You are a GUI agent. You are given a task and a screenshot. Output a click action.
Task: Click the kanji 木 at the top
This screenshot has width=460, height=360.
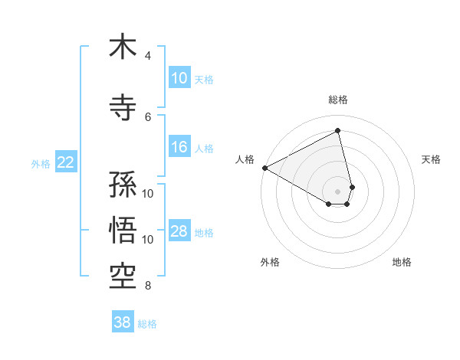(123, 47)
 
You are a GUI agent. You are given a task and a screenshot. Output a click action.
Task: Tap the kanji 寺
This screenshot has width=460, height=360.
(123, 107)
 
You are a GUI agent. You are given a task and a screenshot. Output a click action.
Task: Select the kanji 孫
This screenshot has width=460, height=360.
(123, 185)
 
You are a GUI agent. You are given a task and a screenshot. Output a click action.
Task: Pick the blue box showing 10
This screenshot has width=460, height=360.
(179, 78)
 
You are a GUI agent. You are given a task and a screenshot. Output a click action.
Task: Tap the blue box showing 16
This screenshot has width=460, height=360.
(179, 147)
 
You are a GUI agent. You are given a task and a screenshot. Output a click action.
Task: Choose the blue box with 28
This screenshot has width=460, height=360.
(179, 231)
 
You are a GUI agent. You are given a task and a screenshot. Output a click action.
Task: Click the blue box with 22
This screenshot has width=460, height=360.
(66, 162)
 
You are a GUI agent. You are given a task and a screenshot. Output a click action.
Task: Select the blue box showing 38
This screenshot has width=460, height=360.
(123, 322)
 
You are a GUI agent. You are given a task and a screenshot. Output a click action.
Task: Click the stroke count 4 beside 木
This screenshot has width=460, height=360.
(148, 56)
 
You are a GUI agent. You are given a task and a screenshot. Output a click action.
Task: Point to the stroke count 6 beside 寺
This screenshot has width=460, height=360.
(148, 116)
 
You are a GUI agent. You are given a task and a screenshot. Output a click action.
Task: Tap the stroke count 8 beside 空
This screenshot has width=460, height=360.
(148, 286)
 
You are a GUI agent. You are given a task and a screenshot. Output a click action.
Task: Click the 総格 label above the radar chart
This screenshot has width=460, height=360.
(338, 100)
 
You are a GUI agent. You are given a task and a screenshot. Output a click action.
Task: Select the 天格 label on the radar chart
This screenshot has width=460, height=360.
(431, 159)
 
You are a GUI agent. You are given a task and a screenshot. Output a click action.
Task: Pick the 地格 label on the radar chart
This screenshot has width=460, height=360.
(402, 262)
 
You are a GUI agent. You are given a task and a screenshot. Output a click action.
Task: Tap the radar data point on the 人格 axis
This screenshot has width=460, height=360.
(264, 168)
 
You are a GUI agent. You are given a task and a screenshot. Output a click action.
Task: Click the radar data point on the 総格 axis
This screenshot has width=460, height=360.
(338, 131)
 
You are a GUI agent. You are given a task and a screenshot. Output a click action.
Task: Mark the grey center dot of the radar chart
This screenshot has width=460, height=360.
(338, 191)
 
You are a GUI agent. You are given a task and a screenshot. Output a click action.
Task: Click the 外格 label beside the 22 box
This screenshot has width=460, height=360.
(41, 163)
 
